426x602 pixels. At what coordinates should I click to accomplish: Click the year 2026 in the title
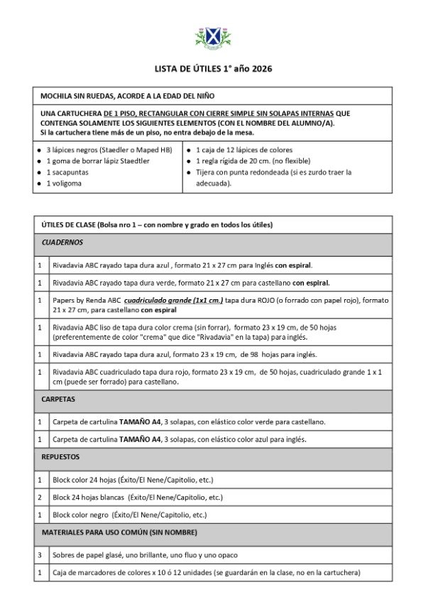[x=258, y=69]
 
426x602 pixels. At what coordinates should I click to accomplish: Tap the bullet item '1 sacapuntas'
[x=66, y=172]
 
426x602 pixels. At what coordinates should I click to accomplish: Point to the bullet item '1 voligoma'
[x=64, y=183]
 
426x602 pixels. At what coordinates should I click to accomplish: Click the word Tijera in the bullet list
[x=207, y=172]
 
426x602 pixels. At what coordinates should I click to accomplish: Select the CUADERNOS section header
[x=62, y=242]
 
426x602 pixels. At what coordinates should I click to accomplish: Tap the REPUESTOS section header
[x=61, y=457]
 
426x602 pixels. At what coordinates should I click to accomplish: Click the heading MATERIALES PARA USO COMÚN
[x=119, y=532]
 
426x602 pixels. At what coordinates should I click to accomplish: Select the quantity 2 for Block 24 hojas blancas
[x=40, y=498]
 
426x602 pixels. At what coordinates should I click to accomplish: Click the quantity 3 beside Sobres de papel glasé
[x=40, y=555]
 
